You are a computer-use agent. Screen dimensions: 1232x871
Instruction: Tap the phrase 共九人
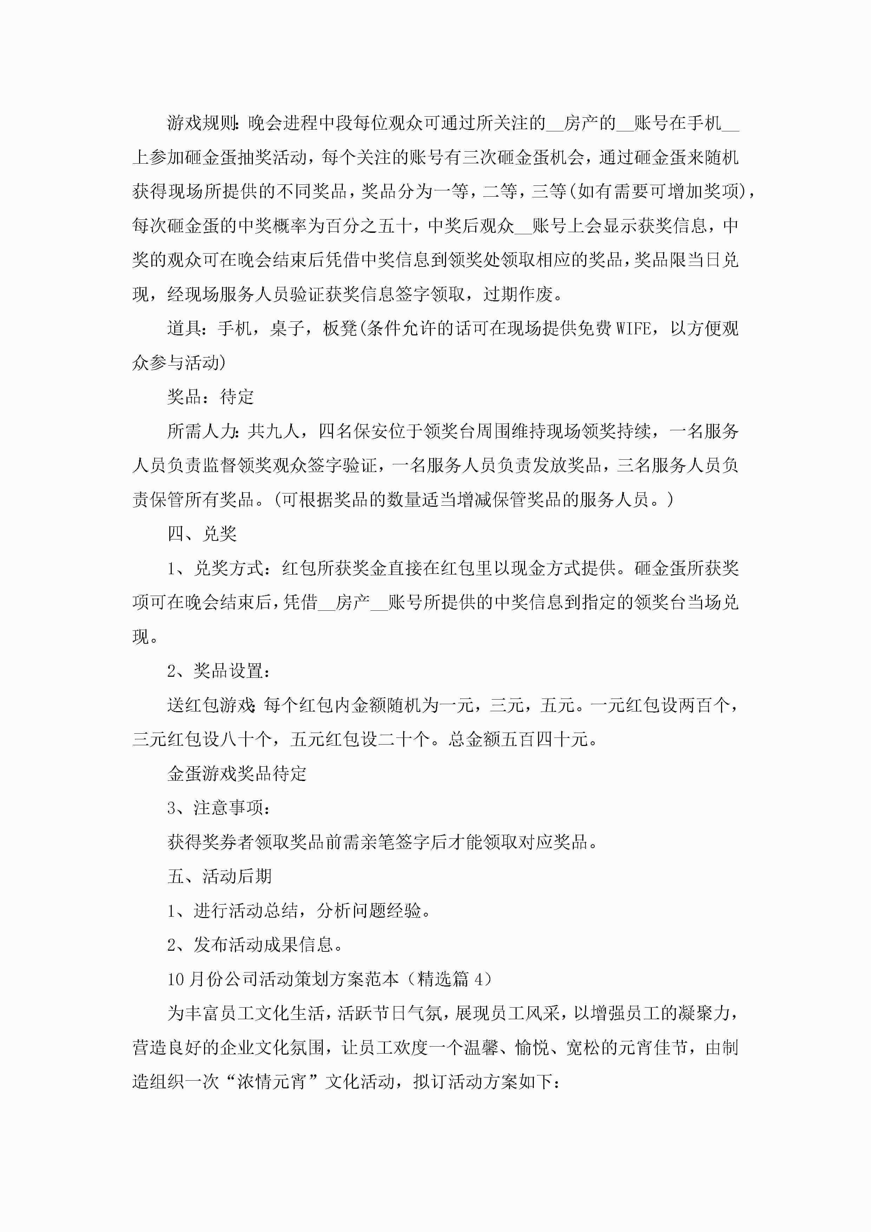click(x=274, y=431)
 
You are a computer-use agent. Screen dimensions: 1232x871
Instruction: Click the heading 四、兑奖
click(x=202, y=533)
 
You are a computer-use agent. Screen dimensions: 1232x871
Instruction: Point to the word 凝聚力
click(x=703, y=1013)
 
